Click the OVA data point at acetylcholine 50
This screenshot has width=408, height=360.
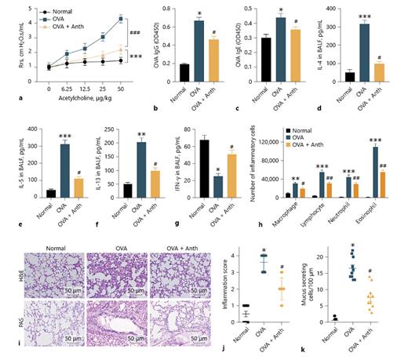120,19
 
